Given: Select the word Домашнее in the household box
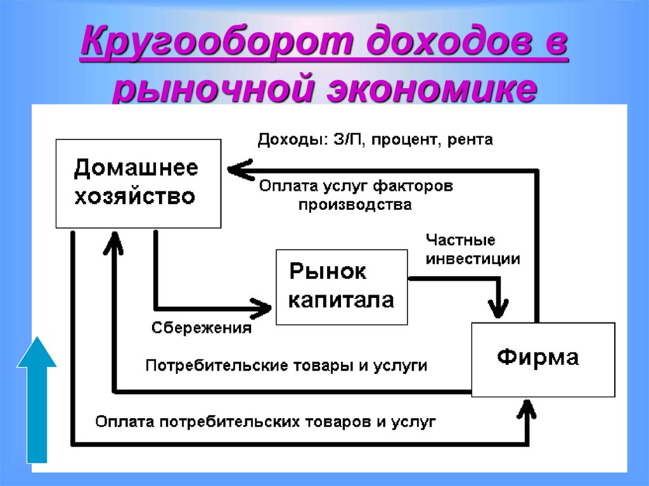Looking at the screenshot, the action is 136,169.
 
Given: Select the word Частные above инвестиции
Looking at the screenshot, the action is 460,240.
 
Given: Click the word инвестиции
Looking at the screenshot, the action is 473,259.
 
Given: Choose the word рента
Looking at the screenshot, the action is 470,139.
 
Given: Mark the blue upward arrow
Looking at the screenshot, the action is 36,399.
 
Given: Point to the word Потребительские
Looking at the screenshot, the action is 214,366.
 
